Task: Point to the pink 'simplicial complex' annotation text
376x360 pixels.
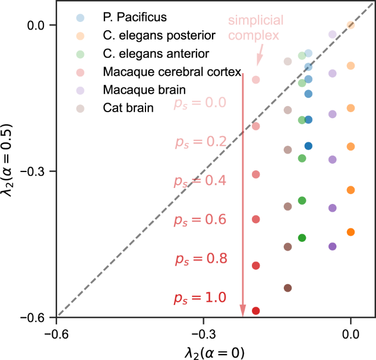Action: click(256, 29)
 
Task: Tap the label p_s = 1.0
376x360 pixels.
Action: click(200, 298)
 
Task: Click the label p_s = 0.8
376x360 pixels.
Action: click(200, 259)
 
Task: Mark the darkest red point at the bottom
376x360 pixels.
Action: click(255, 311)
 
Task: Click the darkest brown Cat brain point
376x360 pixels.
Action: click(288, 288)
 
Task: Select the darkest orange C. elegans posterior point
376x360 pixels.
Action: click(351, 232)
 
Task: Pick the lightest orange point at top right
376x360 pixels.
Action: click(351, 25)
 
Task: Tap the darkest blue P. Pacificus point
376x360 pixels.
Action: click(308, 146)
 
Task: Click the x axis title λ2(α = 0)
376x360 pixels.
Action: click(203, 351)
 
